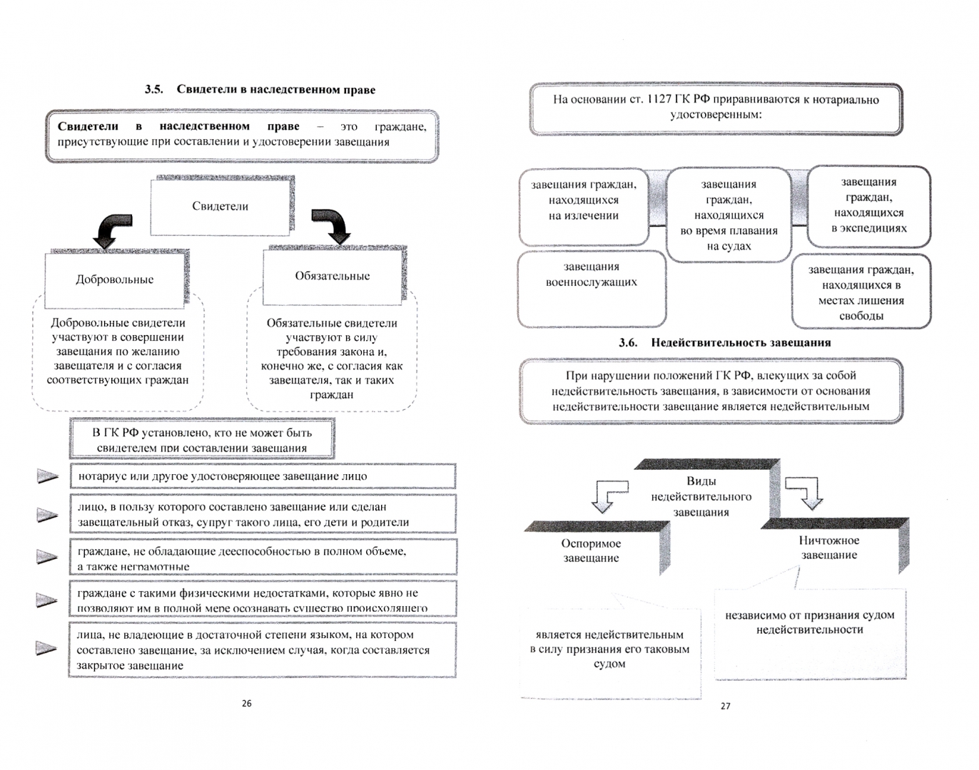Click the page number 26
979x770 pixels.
click(x=247, y=703)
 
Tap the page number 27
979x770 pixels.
click(x=725, y=706)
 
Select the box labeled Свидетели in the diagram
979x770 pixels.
click(x=220, y=206)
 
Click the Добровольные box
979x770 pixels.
click(x=115, y=279)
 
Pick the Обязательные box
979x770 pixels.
click(x=332, y=276)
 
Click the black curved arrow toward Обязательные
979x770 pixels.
click(x=332, y=226)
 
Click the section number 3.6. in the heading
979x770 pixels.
click(x=628, y=343)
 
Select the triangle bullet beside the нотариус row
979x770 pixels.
click(x=47, y=476)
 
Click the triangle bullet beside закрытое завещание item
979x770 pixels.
click(x=46, y=648)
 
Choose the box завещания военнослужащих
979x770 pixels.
click(x=592, y=285)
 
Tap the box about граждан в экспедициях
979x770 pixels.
click(x=868, y=205)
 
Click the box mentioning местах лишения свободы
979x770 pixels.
click(x=861, y=292)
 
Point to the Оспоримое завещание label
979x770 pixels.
click(x=591, y=550)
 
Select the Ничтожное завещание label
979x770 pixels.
click(x=828, y=548)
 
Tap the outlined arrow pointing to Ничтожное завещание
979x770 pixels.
click(x=805, y=493)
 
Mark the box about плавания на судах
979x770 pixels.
click(x=729, y=215)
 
